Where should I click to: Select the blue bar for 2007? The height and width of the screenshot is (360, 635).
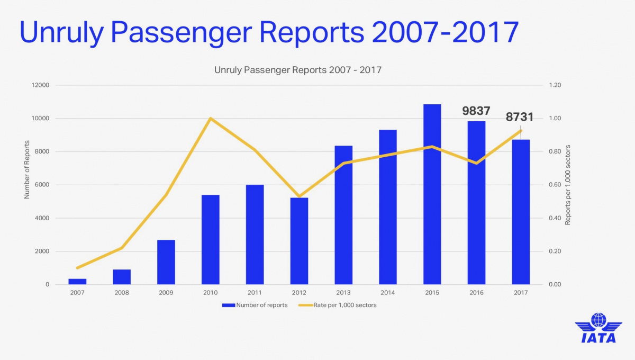tap(77, 282)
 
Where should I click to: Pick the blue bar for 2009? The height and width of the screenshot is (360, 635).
tap(166, 262)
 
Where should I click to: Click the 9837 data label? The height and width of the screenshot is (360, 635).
tap(476, 111)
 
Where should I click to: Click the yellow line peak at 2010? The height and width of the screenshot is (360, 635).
tap(211, 118)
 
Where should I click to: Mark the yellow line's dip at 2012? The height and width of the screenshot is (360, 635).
tap(299, 196)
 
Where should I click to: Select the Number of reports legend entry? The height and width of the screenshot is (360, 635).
tap(255, 305)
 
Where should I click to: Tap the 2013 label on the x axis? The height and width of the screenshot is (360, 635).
tap(343, 292)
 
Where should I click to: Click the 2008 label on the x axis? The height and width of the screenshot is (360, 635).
tap(122, 292)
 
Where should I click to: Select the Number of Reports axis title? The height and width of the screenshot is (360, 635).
tap(26, 170)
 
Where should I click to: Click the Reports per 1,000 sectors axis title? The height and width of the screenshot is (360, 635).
tap(568, 185)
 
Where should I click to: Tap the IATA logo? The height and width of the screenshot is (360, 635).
tap(598, 328)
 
